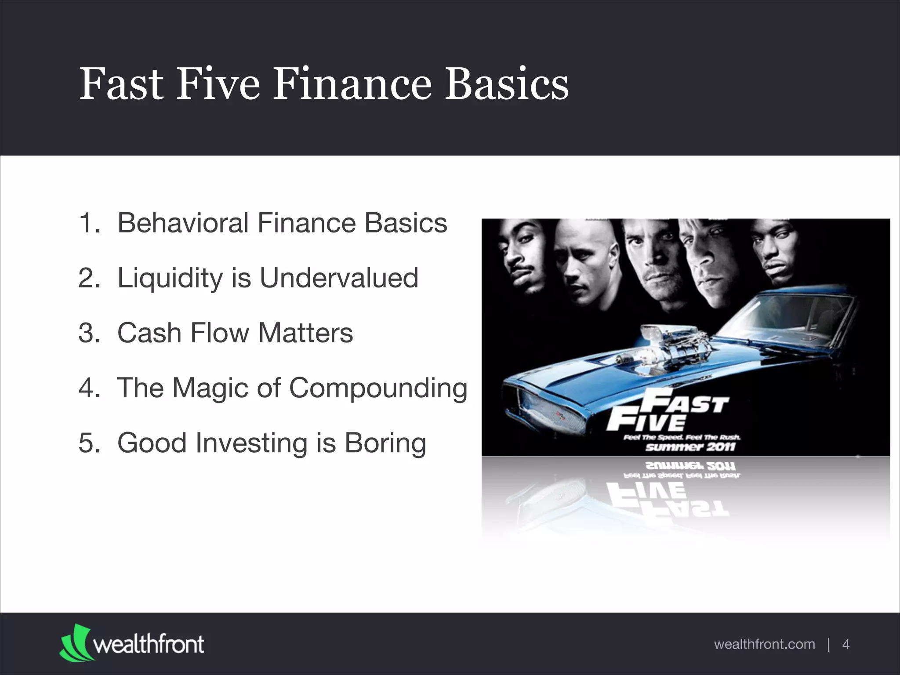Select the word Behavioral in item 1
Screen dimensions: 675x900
click(x=183, y=223)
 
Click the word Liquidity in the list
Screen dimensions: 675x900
click(x=170, y=279)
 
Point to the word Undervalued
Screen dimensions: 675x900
click(x=338, y=278)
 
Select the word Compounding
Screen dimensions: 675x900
click(x=378, y=388)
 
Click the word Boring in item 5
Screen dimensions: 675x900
click(x=385, y=443)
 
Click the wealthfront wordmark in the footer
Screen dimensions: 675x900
click(x=149, y=644)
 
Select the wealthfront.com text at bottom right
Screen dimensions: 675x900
click(x=764, y=644)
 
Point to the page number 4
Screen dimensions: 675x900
click(x=846, y=644)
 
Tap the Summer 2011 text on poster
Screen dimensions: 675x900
click(x=690, y=447)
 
